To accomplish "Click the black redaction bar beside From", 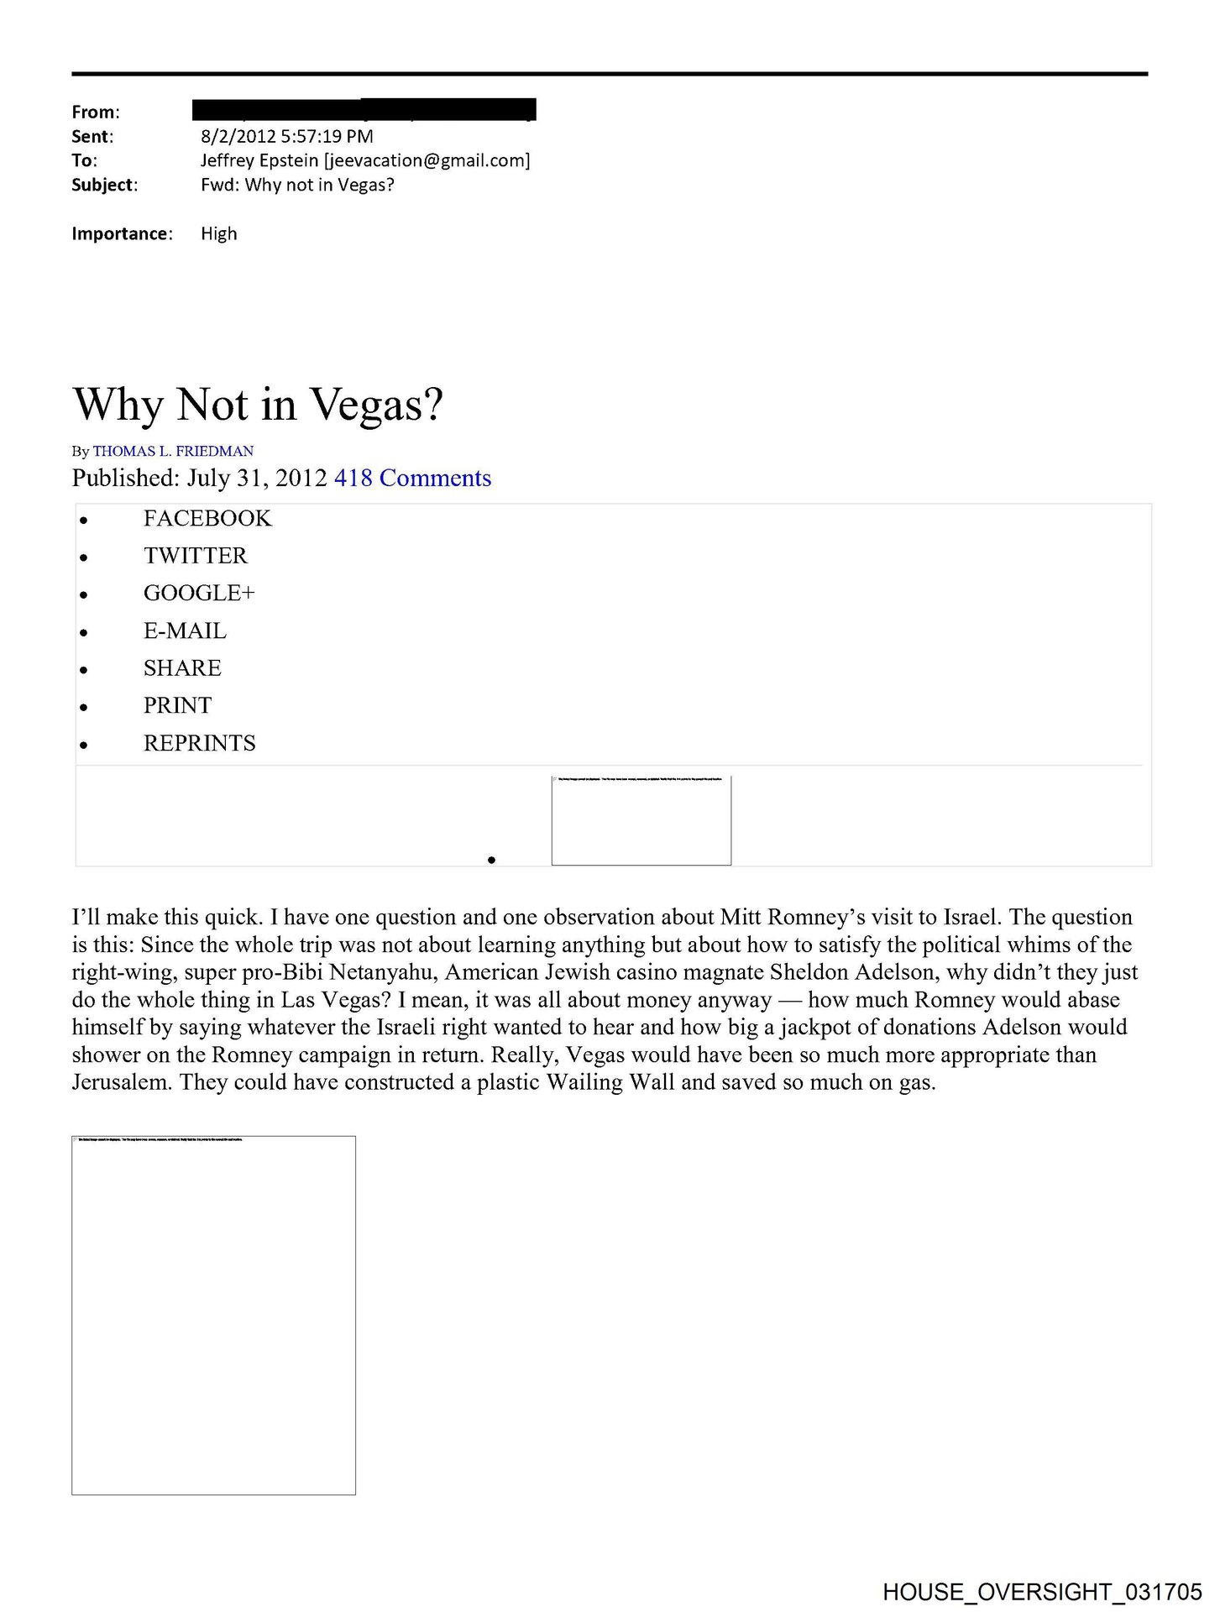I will tap(364, 110).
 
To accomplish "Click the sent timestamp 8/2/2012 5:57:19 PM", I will tap(286, 136).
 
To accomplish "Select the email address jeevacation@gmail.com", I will tap(427, 160).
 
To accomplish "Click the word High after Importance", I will tap(218, 233).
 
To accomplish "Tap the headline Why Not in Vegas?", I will tap(258, 405).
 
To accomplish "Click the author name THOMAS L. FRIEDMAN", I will tap(173, 451).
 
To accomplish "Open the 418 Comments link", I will tap(412, 478).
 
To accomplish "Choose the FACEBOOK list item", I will tap(207, 519).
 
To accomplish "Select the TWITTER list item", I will tap(196, 556).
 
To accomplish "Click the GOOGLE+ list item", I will tap(199, 594).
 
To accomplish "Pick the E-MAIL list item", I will tap(185, 631).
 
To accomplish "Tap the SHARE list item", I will tap(182, 668).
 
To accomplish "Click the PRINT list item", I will tap(177, 705).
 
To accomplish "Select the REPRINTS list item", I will tap(199, 743).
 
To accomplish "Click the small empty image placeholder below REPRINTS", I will tap(641, 820).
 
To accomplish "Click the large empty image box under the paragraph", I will tap(213, 1315).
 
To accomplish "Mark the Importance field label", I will tap(122, 233).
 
